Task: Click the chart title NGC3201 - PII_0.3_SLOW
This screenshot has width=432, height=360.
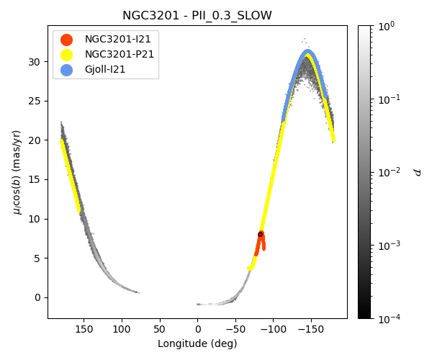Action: pyautogui.click(x=197, y=16)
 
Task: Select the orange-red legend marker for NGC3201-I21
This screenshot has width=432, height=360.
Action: pyautogui.click(x=66, y=40)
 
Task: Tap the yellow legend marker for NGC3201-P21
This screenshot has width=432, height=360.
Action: pyautogui.click(x=66, y=54)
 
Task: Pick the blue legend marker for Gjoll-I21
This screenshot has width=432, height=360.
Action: pyautogui.click(x=66, y=68)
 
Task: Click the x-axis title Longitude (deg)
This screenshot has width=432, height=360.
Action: pyautogui.click(x=197, y=343)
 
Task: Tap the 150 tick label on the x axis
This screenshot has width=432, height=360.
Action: pyautogui.click(x=84, y=328)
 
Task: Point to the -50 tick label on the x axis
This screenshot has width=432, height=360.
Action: pyautogui.click(x=235, y=328)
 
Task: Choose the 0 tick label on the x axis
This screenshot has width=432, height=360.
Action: pyautogui.click(x=197, y=328)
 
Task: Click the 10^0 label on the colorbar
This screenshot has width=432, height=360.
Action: pyautogui.click(x=387, y=26)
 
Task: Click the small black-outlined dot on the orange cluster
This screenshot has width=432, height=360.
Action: pyautogui.click(x=261, y=234)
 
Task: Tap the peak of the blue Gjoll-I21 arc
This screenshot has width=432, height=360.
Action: pyautogui.click(x=308, y=51)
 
